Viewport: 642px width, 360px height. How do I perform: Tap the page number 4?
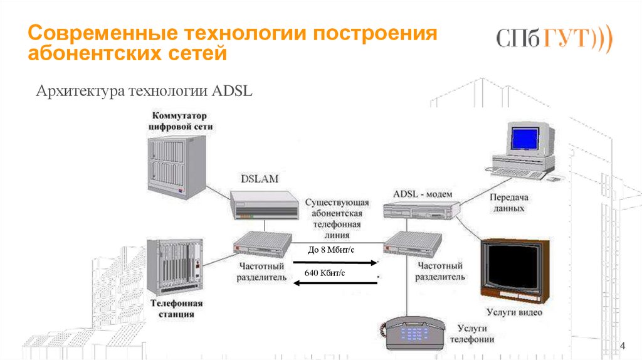pos(623,346)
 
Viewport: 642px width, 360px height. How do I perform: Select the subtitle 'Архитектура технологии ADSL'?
pos(144,92)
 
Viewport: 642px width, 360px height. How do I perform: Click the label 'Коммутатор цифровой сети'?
pos(181,121)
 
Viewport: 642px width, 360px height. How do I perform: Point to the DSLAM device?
pos(262,204)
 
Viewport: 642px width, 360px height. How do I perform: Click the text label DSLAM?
pos(260,179)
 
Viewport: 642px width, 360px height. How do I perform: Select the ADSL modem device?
pos(421,211)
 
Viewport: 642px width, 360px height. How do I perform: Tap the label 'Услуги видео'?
pos(514,312)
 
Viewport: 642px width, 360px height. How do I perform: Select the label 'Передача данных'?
pos(507,203)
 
